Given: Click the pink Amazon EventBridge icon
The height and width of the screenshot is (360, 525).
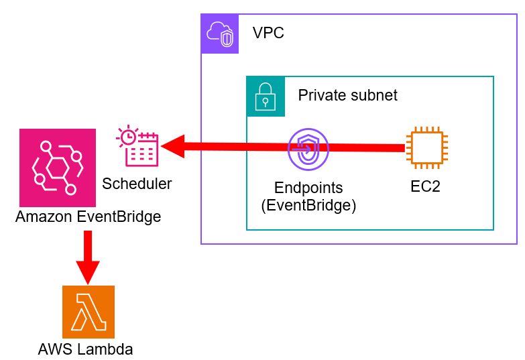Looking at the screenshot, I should coord(58,168).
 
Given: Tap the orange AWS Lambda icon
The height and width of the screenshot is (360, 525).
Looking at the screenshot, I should coord(89,312).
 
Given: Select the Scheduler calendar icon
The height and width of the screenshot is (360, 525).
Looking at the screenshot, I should coord(138,146).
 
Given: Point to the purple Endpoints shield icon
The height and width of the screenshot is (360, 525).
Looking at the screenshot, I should coord(308,149).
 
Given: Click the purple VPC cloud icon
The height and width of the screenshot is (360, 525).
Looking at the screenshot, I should coord(220,34).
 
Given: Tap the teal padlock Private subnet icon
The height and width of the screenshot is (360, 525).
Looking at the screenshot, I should coord(266,95).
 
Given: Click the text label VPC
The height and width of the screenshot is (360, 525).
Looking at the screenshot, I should coord(268,33).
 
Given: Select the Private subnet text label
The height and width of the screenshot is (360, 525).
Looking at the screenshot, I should coord(347,95).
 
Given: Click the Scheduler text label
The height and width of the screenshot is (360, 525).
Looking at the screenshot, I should coord(137,184).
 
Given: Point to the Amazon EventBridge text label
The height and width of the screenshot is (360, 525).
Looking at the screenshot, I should coord(88,217).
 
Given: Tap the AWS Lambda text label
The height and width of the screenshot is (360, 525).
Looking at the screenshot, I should coord(85,349).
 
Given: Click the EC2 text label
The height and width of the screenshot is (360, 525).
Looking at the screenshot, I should coord(425,187).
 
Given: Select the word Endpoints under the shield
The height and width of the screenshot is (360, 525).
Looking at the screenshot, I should coord(308,188).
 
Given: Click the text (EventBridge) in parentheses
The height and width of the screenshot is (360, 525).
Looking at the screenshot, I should coord(308,205).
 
